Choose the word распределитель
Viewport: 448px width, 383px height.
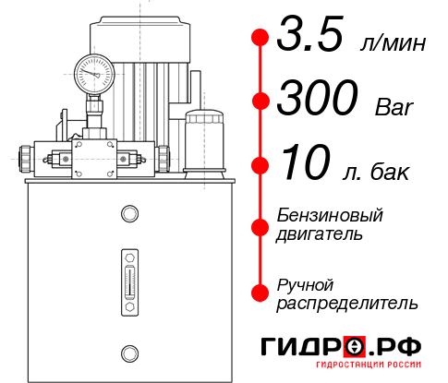point(347,303)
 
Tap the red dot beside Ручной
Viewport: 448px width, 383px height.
point(260,292)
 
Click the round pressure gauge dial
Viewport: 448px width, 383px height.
point(92,70)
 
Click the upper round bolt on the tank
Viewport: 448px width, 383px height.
point(127,215)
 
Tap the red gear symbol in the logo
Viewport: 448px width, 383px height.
point(356,347)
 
